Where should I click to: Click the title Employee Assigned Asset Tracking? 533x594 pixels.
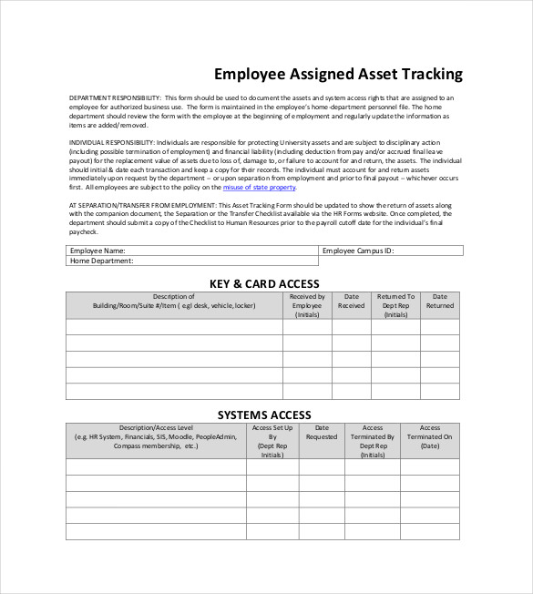tap(338, 74)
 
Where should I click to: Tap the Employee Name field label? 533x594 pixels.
tap(98, 250)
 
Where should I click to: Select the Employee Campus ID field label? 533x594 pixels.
tap(358, 250)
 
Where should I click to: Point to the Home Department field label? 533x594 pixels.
tap(102, 261)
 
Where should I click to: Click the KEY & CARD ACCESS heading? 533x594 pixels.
tap(264, 283)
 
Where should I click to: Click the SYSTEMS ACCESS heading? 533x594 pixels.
tap(264, 415)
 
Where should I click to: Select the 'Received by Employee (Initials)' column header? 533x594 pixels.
tap(307, 305)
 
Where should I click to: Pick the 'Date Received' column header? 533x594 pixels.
tap(351, 302)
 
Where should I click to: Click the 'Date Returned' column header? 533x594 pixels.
tap(440, 302)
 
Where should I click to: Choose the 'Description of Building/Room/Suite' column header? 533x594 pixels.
tap(173, 302)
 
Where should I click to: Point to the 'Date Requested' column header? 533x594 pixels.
tap(321, 433)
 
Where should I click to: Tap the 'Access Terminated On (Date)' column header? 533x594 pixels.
tap(429, 437)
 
